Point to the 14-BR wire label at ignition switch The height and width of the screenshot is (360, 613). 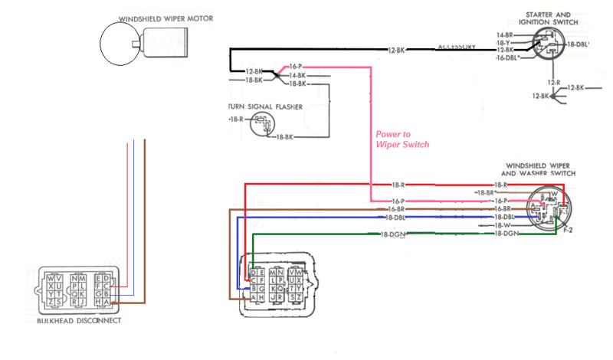click(x=504, y=35)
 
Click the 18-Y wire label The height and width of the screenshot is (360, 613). click(x=506, y=43)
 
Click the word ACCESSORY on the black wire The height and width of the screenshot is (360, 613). click(x=457, y=47)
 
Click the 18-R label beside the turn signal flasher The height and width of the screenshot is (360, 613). click(x=237, y=120)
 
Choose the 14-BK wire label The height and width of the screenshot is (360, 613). click(x=297, y=75)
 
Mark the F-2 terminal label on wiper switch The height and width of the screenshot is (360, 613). click(x=568, y=229)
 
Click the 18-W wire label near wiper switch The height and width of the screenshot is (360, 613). click(x=502, y=225)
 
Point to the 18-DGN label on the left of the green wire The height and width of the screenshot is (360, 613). click(x=392, y=234)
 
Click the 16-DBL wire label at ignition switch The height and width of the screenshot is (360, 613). click(x=509, y=58)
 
